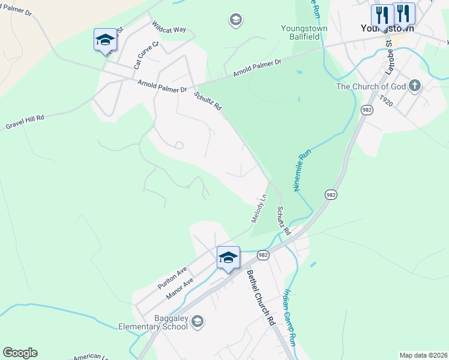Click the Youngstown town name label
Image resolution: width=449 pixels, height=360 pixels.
pos(387,28)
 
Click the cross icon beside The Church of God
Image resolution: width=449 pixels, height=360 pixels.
pos(415,86)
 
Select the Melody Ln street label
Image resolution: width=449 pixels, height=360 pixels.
pos(259,209)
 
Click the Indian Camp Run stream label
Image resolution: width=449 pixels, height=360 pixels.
pos(290,318)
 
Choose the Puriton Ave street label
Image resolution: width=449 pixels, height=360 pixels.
pos(173,278)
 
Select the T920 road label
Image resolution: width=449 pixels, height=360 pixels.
pos(387,103)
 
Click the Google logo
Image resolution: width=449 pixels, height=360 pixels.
pos(20,353)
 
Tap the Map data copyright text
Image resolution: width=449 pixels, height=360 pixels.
pos(423,355)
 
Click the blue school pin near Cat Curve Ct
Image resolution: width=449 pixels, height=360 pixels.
pos(105,40)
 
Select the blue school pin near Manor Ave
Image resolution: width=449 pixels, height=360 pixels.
pos(228,258)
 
